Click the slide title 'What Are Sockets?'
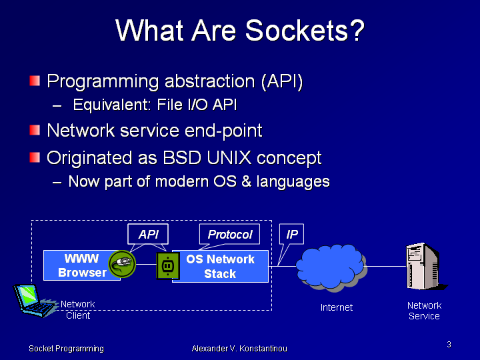[x=240, y=31]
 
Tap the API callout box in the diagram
[x=148, y=234]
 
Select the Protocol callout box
[x=229, y=234]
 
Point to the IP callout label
[x=291, y=234]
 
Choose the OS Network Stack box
[x=220, y=266]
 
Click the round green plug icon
[x=122, y=265]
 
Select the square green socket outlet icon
[x=167, y=265]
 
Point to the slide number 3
[x=449, y=345]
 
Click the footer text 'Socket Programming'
[x=66, y=349]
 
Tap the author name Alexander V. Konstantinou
[x=239, y=349]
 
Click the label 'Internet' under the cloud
[x=337, y=307]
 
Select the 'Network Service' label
[x=424, y=311]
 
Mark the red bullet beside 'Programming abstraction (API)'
[x=35, y=81]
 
